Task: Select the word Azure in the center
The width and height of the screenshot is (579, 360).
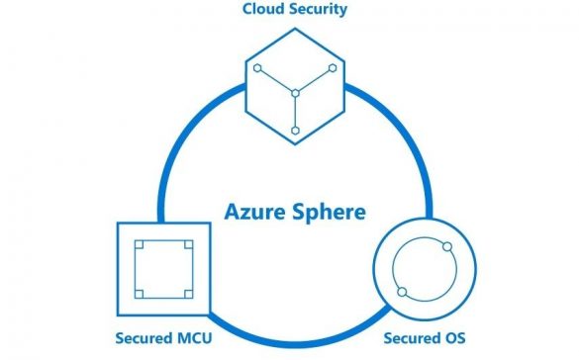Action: pyautogui.click(x=252, y=211)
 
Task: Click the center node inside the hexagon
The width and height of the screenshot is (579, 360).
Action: pyautogui.click(x=293, y=95)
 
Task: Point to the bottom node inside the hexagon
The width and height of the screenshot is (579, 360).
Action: pyautogui.click(x=293, y=131)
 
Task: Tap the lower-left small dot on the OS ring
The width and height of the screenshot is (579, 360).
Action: pyautogui.click(x=402, y=291)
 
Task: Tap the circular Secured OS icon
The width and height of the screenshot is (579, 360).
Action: pyautogui.click(x=425, y=268)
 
